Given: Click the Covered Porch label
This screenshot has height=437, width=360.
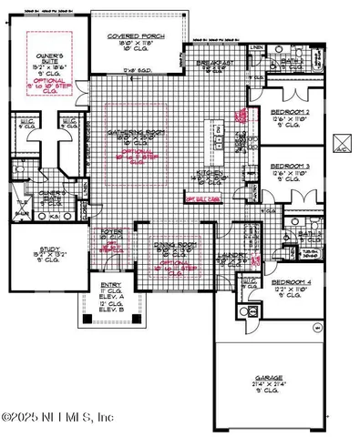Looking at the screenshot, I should tap(133, 36).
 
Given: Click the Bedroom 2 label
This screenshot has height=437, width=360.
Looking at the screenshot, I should tap(291, 112).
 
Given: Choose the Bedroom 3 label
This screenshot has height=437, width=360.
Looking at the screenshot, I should tap(291, 166).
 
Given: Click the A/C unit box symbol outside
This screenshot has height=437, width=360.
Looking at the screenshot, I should tap(343, 142).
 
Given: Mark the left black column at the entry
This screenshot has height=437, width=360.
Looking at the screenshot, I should tap(101, 320).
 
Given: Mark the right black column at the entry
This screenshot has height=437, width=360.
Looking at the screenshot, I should tap(139, 320).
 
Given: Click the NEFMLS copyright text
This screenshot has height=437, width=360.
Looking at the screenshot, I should tap(57, 418).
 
